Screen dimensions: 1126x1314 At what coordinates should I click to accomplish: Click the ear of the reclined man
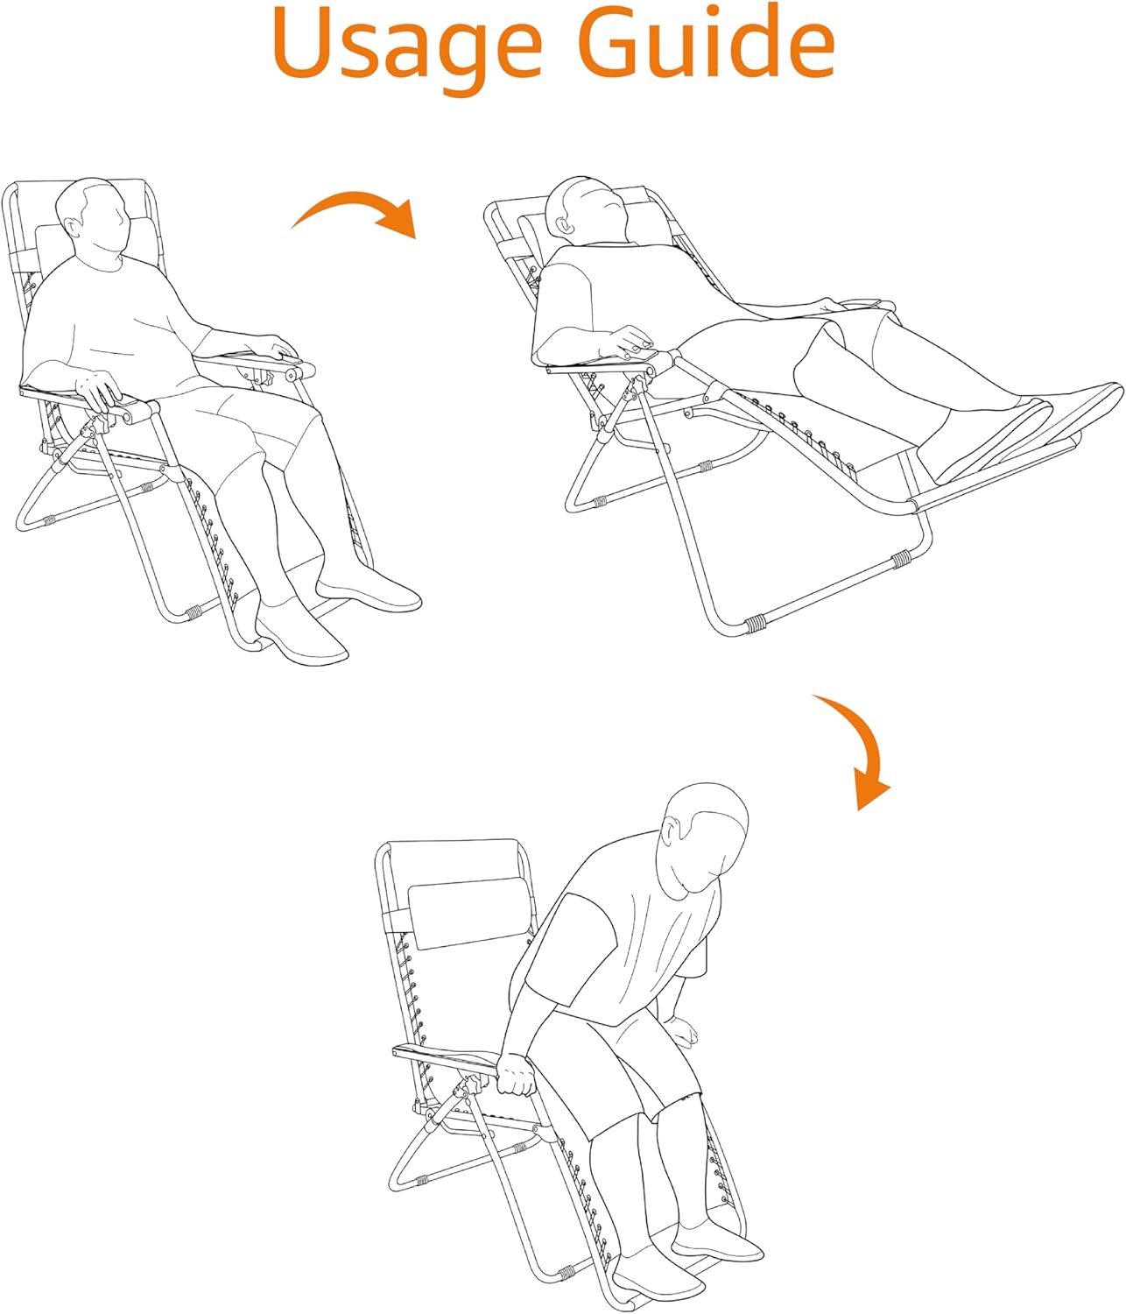(562, 224)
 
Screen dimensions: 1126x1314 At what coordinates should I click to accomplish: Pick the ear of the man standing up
(671, 830)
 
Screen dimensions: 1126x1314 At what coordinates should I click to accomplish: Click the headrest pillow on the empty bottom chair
(470, 913)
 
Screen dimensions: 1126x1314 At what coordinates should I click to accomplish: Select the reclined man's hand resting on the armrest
(629, 344)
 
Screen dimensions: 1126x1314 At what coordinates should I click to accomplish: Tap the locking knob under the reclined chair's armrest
(641, 386)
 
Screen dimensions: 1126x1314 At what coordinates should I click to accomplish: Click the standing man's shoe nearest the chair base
(658, 1265)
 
